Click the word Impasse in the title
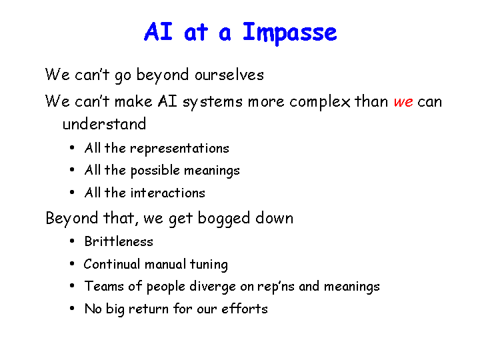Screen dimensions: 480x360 (x=289, y=33)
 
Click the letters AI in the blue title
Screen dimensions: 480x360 (x=158, y=31)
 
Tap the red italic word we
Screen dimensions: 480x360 (x=403, y=102)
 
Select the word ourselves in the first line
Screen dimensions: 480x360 (x=229, y=75)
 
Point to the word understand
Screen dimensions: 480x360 (x=104, y=124)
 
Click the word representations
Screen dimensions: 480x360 (x=179, y=149)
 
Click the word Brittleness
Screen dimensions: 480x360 (x=119, y=241)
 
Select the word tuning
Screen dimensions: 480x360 (x=209, y=265)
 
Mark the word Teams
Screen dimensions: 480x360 (x=104, y=286)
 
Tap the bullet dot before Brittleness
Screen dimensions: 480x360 (x=72, y=241)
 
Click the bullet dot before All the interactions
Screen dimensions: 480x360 (x=72, y=193)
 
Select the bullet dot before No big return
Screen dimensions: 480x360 (x=72, y=308)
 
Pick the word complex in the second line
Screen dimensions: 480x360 (x=320, y=102)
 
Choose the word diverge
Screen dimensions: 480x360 (x=213, y=287)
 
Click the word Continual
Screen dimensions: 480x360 (x=112, y=264)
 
